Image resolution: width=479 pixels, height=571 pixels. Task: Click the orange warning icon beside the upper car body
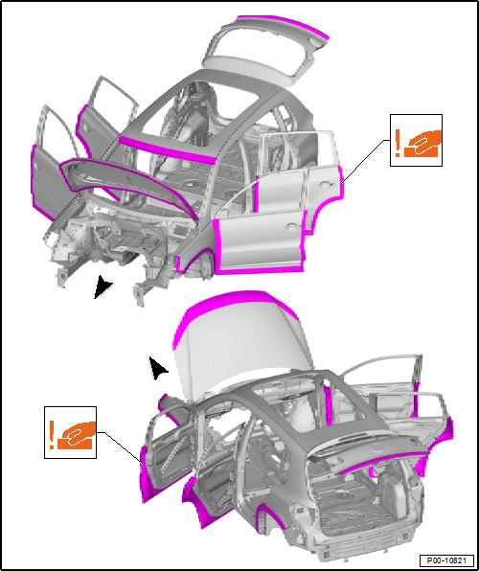(416, 142)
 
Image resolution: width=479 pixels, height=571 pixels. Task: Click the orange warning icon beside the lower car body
(72, 434)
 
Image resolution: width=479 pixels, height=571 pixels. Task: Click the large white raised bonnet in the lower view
(235, 345)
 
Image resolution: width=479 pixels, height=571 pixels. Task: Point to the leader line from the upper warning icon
(364, 163)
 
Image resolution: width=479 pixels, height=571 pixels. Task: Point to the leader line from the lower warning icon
(120, 445)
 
